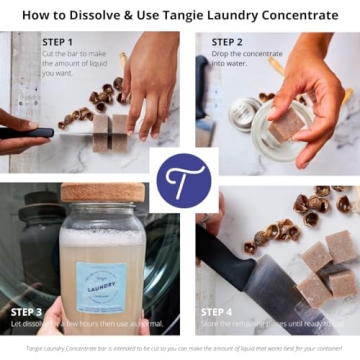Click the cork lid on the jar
click(102, 192)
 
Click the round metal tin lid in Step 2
click(239, 112)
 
